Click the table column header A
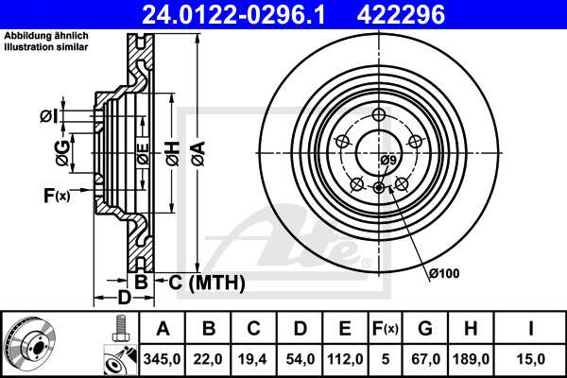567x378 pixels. click(x=163, y=329)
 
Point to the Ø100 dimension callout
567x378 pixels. click(x=443, y=274)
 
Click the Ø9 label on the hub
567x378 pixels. click(x=387, y=160)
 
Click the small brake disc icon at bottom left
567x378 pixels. click(x=31, y=342)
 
